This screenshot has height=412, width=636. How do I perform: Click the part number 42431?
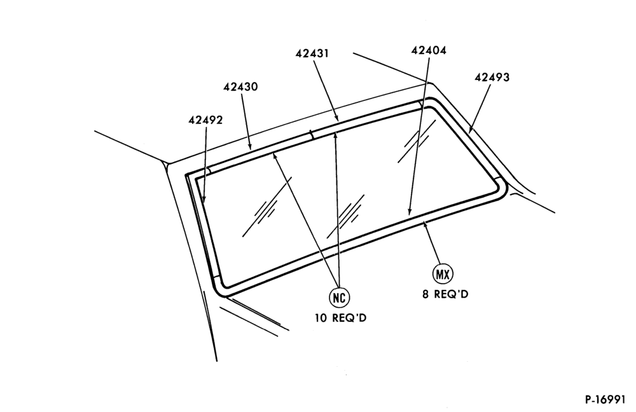pos(312,53)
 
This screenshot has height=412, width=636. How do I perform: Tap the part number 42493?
pos(492,77)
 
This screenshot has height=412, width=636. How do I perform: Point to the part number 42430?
pos(240,86)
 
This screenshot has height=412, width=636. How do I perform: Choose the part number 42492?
pos(205,120)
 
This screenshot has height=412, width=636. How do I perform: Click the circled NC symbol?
pos(339,298)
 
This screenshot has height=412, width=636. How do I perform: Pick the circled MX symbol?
pos(443,275)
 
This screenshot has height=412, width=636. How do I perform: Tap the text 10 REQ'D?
pos(341,318)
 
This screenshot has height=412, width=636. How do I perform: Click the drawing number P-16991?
pos(605,399)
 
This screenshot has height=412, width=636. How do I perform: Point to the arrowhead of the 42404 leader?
pos(410,211)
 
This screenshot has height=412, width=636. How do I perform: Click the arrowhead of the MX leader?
pos(425,224)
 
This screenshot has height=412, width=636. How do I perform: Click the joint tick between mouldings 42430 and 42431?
pos(312,134)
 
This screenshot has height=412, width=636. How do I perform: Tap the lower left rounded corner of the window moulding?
pos(222,289)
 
